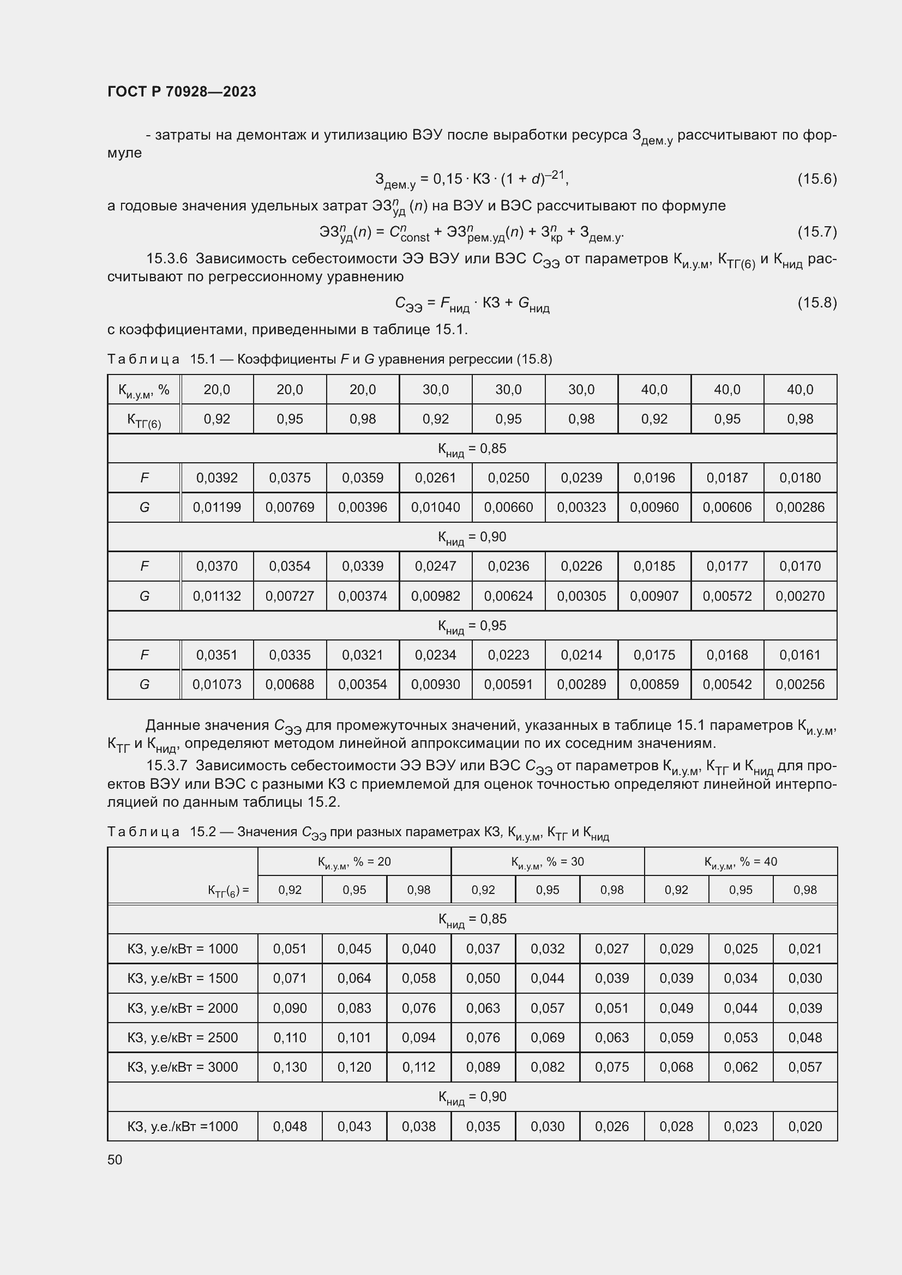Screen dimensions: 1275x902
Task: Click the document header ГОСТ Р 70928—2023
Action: tap(182, 92)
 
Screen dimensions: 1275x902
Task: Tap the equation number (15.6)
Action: tap(816, 179)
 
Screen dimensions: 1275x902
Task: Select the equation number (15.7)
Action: tap(816, 232)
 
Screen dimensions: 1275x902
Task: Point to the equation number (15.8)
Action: tap(816, 303)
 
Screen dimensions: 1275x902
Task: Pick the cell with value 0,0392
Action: tap(217, 478)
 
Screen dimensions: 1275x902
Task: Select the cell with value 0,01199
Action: tap(217, 507)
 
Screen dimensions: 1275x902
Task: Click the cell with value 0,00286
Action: tap(800, 507)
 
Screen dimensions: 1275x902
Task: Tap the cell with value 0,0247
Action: tap(435, 566)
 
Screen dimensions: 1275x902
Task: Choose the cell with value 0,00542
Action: tap(727, 684)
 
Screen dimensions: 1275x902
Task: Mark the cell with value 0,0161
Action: tap(800, 655)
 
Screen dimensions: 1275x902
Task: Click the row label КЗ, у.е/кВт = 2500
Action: tap(182, 1037)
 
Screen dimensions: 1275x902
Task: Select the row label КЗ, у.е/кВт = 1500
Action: tap(182, 978)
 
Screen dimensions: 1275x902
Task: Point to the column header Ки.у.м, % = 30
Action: tap(547, 861)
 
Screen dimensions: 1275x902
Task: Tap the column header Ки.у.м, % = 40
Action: tap(741, 861)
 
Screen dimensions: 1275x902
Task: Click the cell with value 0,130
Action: tap(290, 1067)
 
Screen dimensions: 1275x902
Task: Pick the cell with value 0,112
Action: tap(418, 1067)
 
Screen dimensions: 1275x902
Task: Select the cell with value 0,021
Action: tap(805, 948)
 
